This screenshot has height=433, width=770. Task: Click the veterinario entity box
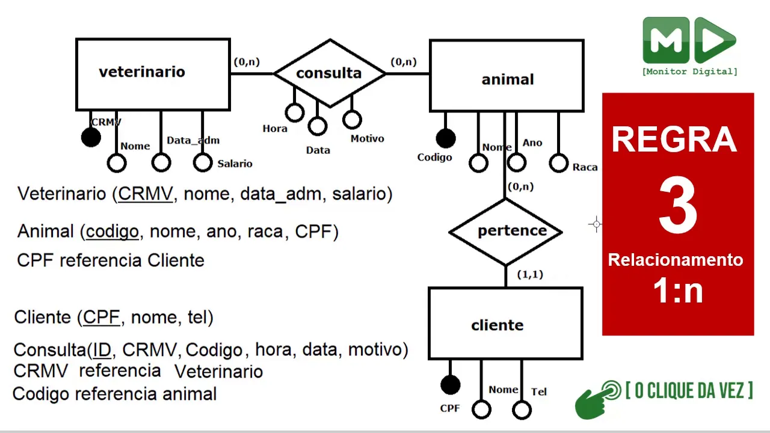tap(153, 74)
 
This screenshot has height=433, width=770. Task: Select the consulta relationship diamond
tap(329, 73)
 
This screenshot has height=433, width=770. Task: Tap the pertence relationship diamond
tap(505, 231)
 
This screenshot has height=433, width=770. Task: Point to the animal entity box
tap(507, 76)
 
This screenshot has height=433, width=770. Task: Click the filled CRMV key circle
tap(91, 138)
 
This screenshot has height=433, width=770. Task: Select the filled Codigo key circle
tap(445, 139)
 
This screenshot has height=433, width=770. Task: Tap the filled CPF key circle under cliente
tap(450, 385)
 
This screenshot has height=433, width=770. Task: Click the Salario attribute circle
tap(203, 162)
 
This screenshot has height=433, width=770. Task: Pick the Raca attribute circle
tap(558, 162)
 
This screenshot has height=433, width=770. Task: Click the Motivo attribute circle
tap(352, 119)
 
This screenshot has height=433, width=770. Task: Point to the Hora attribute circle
tap(294, 112)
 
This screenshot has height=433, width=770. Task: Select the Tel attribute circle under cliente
tap(522, 410)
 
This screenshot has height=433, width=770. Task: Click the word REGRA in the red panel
tap(674, 140)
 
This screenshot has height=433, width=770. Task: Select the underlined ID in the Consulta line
tap(102, 349)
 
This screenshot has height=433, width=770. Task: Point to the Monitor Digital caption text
tap(689, 72)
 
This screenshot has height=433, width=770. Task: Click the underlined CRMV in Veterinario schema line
tap(146, 194)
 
